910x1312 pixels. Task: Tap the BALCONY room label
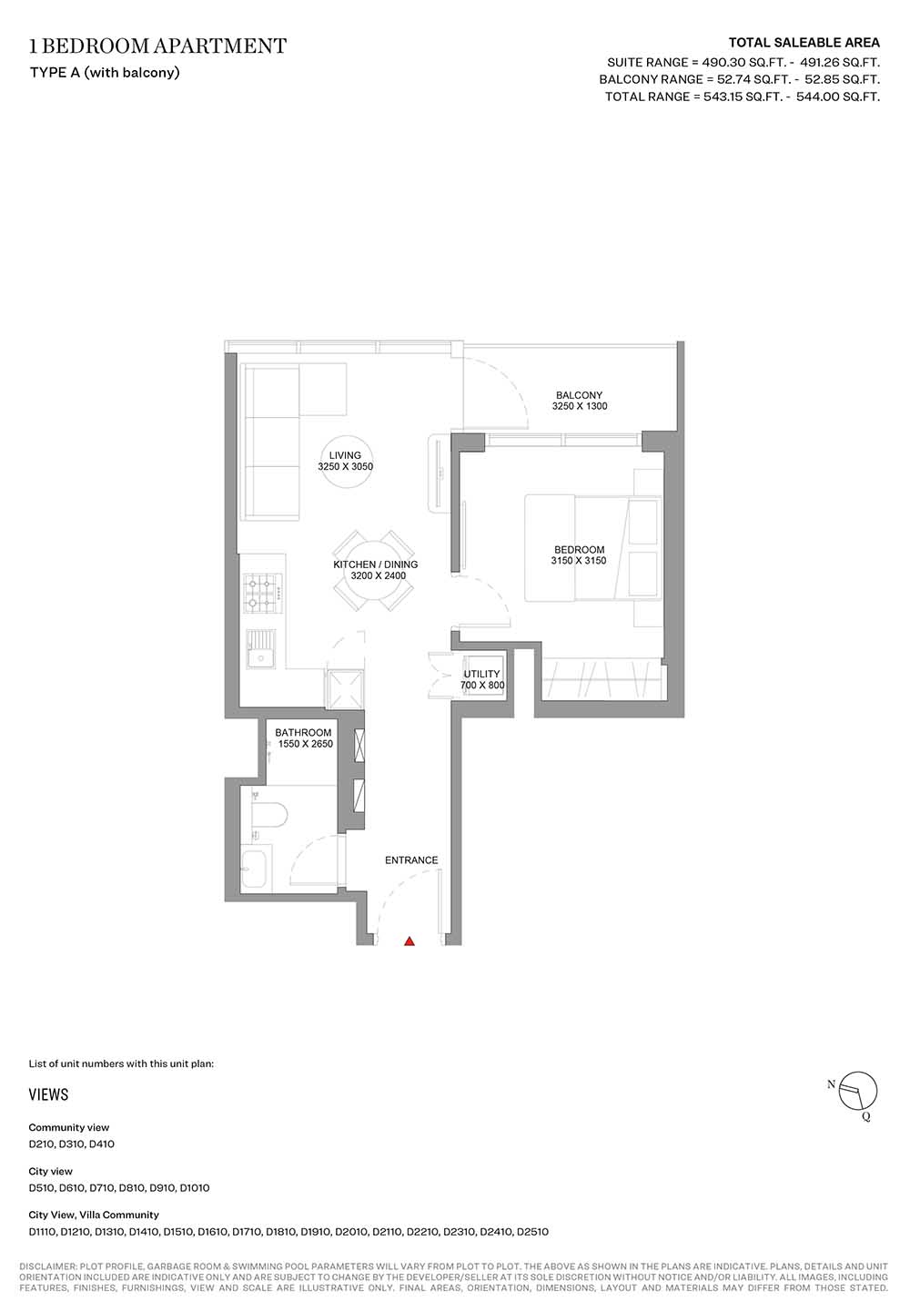click(x=579, y=395)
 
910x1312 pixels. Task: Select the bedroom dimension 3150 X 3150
click(x=579, y=561)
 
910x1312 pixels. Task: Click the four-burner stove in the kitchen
click(x=263, y=594)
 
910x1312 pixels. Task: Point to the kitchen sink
click(x=260, y=649)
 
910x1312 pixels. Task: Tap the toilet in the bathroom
click(x=268, y=814)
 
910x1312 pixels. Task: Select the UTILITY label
click(x=481, y=674)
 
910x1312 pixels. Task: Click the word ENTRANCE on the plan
click(x=411, y=860)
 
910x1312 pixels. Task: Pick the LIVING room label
click(x=345, y=455)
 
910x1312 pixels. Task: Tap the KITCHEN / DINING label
click(x=375, y=564)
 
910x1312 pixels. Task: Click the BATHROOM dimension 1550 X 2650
click(x=305, y=744)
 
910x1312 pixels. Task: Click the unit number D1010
click(x=195, y=1188)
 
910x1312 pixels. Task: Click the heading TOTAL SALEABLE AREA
click(x=804, y=42)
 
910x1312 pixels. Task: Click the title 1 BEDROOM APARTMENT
click(x=158, y=46)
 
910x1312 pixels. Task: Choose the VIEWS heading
click(x=48, y=1094)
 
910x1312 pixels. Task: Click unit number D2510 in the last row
click(x=532, y=1232)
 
